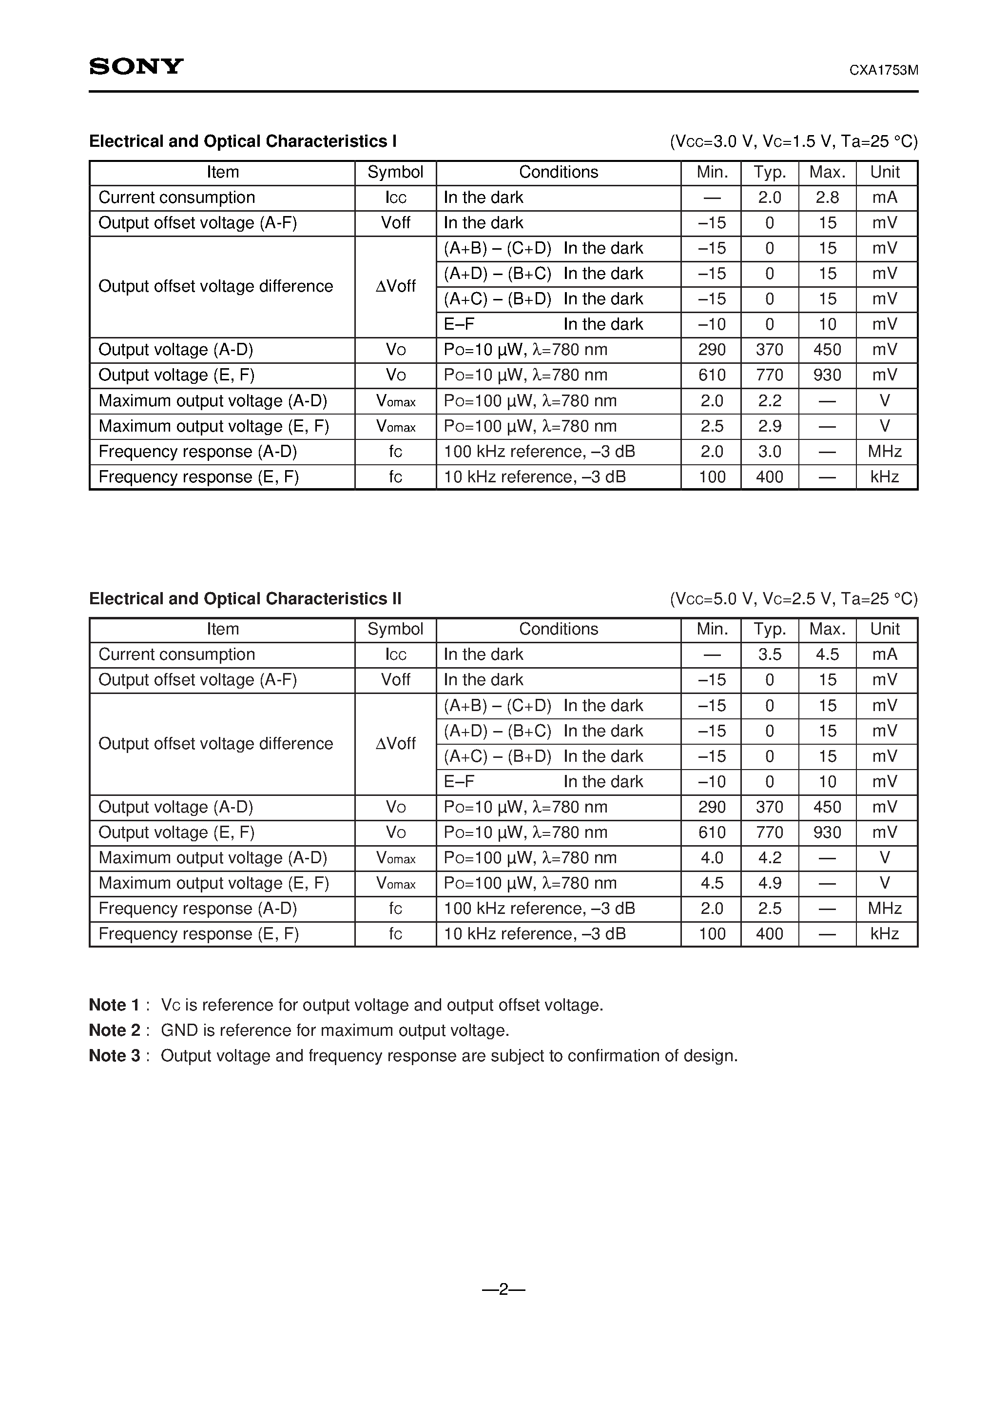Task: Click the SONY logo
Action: coord(136,66)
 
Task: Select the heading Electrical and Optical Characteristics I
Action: coord(243,141)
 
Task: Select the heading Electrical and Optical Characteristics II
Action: coord(245,599)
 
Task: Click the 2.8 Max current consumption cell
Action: coord(827,198)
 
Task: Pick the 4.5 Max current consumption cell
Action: coord(827,654)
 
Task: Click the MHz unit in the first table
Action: coord(885,452)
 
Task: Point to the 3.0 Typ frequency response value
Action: coord(769,452)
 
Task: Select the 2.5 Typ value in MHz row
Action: coord(769,909)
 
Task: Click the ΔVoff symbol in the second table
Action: coord(395,743)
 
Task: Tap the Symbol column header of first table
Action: coord(395,172)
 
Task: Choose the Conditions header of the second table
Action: coord(558,629)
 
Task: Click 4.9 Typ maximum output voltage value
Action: coord(769,883)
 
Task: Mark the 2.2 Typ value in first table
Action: coord(769,400)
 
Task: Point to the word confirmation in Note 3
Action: coord(622,1056)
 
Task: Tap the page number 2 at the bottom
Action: coord(503,1289)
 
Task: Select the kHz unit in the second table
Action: coord(885,934)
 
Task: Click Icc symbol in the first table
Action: coord(395,198)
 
